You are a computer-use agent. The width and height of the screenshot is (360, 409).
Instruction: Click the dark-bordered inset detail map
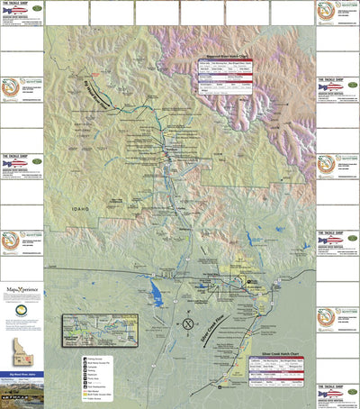[x=99, y=329]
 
